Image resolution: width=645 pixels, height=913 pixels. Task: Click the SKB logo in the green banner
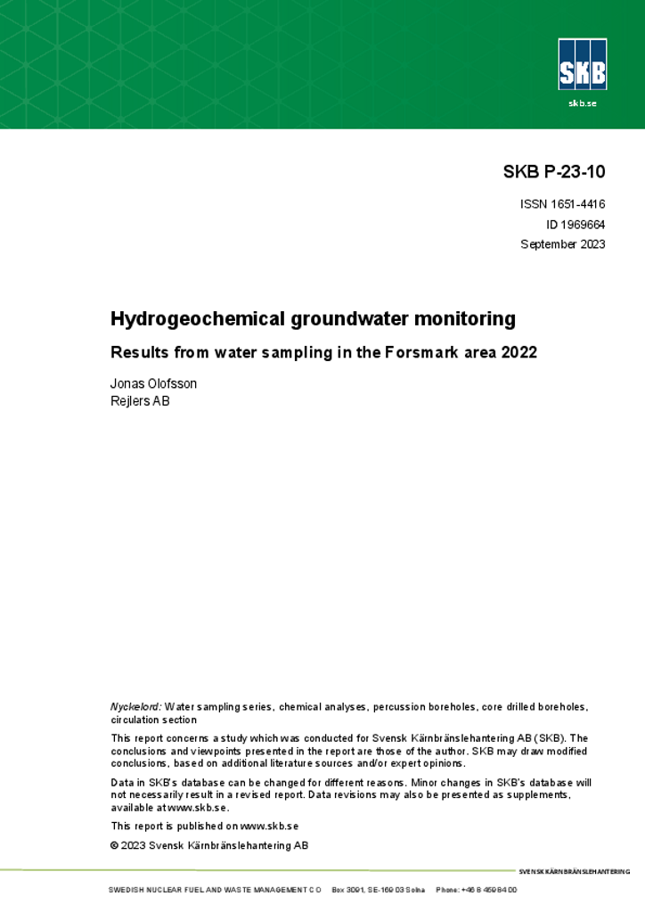coord(582,64)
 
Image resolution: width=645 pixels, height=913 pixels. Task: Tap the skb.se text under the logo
coord(582,103)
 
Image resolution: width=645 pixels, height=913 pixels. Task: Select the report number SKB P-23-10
coord(554,172)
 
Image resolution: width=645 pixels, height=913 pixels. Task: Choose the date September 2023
coord(562,244)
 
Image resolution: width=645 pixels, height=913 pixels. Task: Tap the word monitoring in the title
coord(468,318)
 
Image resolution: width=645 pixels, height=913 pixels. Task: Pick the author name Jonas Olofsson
coord(153,383)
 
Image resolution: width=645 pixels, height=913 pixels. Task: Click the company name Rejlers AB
coord(140,401)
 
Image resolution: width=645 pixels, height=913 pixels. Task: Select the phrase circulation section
coord(153,720)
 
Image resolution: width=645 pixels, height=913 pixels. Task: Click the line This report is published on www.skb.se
coord(204,827)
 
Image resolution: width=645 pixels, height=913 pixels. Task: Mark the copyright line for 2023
coord(208,845)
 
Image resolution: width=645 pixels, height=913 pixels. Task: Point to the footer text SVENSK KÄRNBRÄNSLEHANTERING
coord(574,871)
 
